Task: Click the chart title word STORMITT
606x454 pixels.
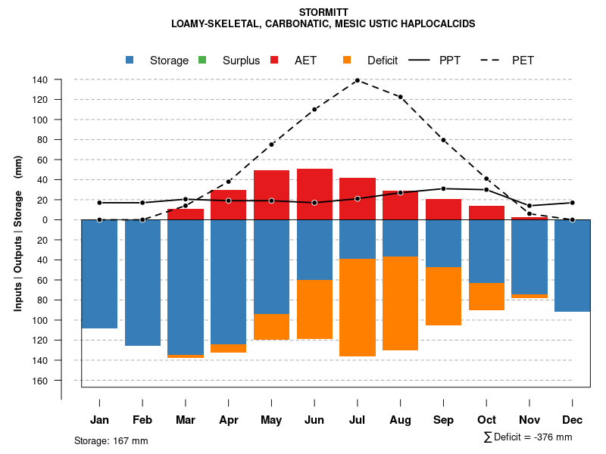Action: coord(323,12)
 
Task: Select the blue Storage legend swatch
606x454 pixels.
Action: coord(130,60)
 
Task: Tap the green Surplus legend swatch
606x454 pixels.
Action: coord(202,60)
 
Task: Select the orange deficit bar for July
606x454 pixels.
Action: coord(358,307)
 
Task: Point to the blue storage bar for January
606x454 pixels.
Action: coord(99,274)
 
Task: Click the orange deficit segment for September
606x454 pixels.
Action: coord(443,296)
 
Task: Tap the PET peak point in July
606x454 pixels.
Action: coord(357,80)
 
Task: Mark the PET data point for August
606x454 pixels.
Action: coord(400,97)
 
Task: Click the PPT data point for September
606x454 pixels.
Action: coord(443,188)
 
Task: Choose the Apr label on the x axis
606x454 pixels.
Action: coord(229,420)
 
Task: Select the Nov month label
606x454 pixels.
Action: coord(529,420)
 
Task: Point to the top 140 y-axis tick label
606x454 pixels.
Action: coord(40,79)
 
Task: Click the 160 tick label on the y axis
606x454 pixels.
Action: coord(40,380)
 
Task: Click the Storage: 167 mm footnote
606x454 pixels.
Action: coord(111,440)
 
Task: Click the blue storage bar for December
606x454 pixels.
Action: coord(572,266)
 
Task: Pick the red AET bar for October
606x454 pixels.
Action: coord(486,213)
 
